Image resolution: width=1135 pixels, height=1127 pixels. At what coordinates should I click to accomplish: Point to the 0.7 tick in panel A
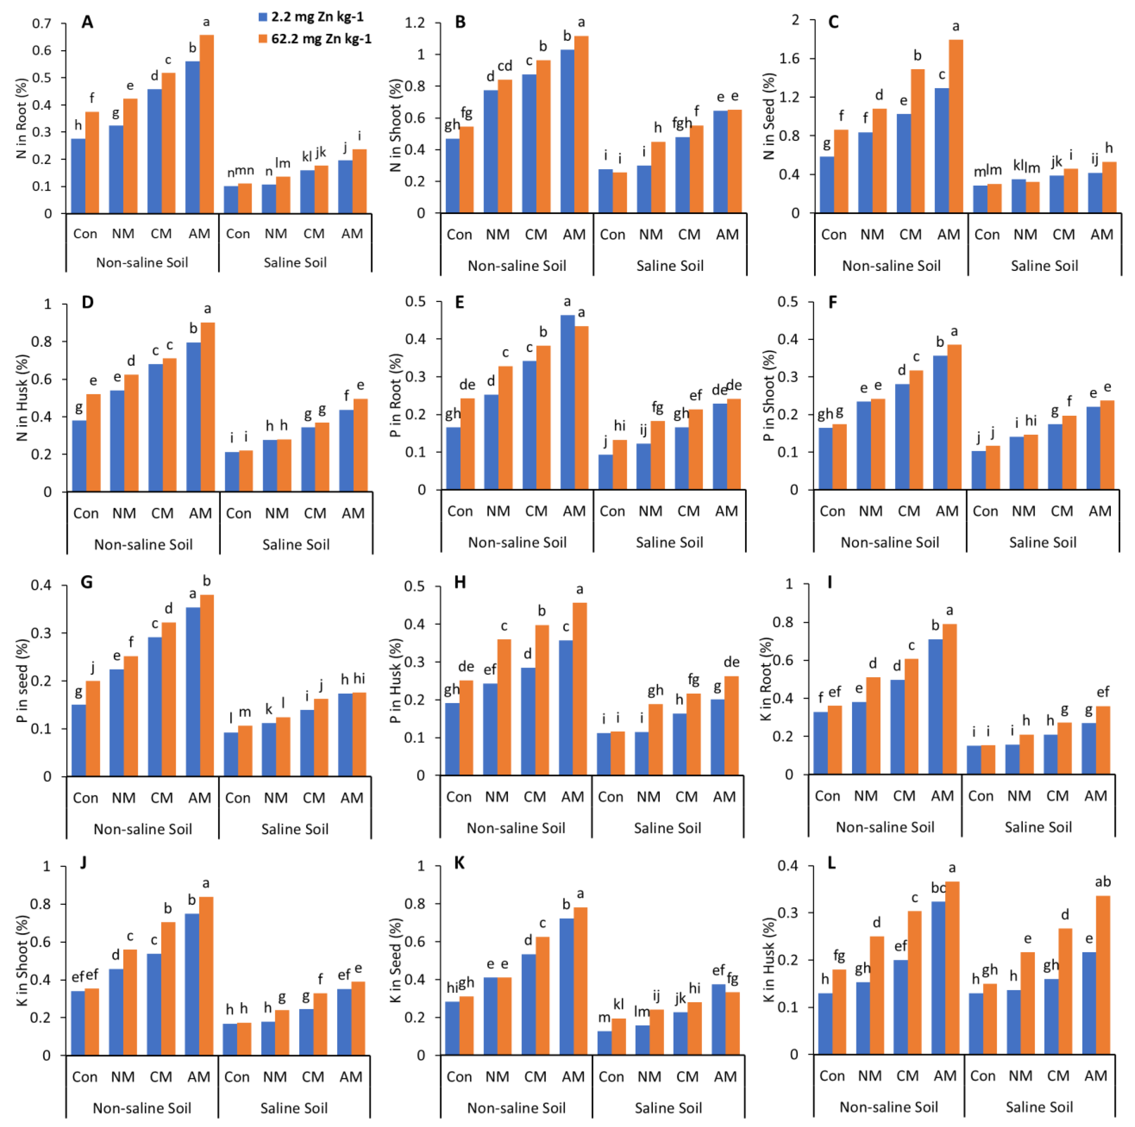(42, 24)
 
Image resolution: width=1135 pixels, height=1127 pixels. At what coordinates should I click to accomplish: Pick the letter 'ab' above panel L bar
(1103, 881)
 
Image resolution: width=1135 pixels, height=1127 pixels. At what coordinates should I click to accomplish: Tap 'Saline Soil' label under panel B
(670, 266)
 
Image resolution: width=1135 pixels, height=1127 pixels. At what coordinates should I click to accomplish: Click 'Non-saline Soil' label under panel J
(142, 1108)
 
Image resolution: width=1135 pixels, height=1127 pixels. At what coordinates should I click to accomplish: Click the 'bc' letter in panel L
(938, 888)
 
